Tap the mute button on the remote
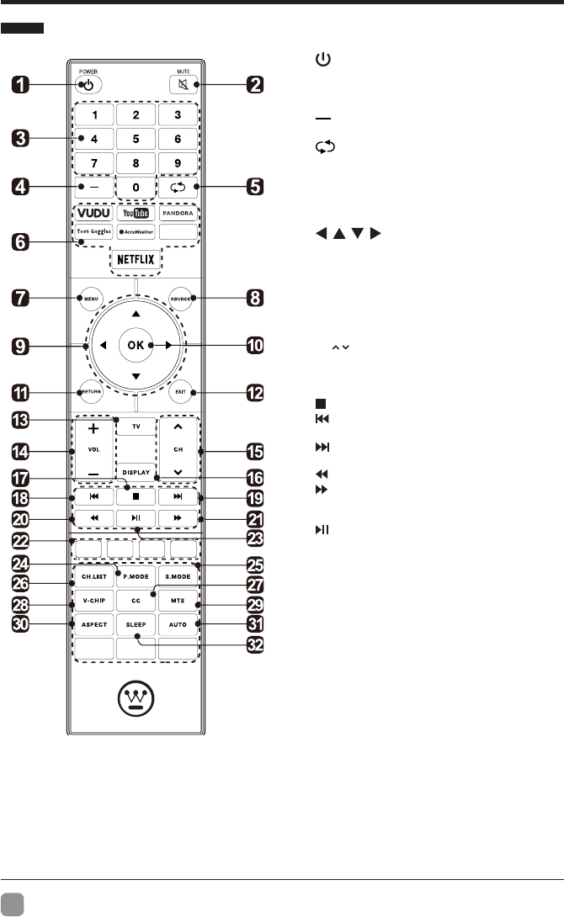184,84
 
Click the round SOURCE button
182,297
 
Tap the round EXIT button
182,392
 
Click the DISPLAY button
135,472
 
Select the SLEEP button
135,626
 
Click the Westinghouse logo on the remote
136,700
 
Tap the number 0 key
135,185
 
